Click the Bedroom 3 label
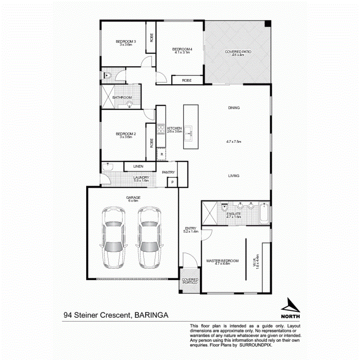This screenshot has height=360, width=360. pyautogui.click(x=124, y=41)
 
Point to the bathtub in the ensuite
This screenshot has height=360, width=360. pyautogui.click(x=264, y=213)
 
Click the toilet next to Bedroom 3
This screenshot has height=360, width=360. pyautogui.click(x=108, y=76)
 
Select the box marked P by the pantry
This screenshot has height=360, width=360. pyautogui.click(x=172, y=182)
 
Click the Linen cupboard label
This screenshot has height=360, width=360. pyautogui.click(x=138, y=166)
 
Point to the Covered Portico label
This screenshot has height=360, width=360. pyautogui.click(x=190, y=281)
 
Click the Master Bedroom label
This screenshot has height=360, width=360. pyautogui.click(x=222, y=261)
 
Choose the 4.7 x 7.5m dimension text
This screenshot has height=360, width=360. pyautogui.click(x=234, y=142)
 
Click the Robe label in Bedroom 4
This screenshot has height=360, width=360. pyautogui.click(x=187, y=80)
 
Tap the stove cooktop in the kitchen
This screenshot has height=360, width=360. pyautogui.click(x=161, y=129)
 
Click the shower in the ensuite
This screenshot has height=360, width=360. pyautogui.click(x=209, y=213)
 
